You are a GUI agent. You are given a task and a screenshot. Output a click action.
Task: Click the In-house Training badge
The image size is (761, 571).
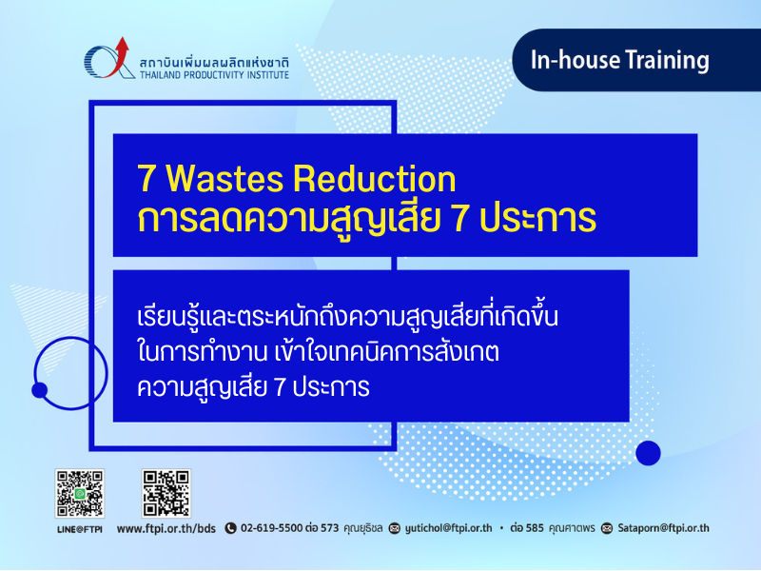[636, 60]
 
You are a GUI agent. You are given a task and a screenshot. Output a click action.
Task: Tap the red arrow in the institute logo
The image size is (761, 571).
[118, 57]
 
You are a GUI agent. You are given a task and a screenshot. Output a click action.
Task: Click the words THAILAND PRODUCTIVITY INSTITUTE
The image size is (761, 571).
[214, 75]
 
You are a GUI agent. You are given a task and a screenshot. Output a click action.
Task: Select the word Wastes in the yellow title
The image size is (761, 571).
[224, 178]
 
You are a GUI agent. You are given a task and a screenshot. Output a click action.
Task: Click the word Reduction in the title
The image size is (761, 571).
[374, 178]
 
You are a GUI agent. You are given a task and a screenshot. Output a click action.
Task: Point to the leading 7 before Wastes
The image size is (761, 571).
[146, 179]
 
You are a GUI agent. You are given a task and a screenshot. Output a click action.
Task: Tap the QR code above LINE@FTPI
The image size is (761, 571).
[80, 493]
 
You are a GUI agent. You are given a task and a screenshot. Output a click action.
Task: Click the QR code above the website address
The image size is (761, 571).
[166, 493]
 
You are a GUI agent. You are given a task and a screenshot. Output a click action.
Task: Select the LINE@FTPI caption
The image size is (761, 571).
[80, 529]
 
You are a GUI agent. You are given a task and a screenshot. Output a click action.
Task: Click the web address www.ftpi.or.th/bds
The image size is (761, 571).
[166, 528]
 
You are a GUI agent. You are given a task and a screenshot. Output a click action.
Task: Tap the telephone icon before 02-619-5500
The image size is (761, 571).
[230, 528]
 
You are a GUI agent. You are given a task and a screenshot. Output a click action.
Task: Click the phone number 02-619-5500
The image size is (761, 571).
[271, 528]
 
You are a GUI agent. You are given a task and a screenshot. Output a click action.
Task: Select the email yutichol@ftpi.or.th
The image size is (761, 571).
[448, 528]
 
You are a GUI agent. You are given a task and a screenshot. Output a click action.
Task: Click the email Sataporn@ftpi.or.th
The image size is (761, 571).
[663, 528]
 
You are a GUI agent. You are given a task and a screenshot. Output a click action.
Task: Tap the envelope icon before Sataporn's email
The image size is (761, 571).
[607, 528]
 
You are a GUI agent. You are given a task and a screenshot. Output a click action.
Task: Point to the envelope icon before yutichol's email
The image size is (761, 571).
[395, 528]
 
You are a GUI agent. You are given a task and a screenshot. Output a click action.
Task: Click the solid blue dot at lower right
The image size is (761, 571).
[648, 453]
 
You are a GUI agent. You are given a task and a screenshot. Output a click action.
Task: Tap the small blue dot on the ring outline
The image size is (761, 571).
[39, 390]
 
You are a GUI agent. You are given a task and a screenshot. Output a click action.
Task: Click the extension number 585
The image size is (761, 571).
[535, 528]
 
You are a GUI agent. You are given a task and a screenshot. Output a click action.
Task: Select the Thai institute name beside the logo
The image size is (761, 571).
[214, 63]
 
